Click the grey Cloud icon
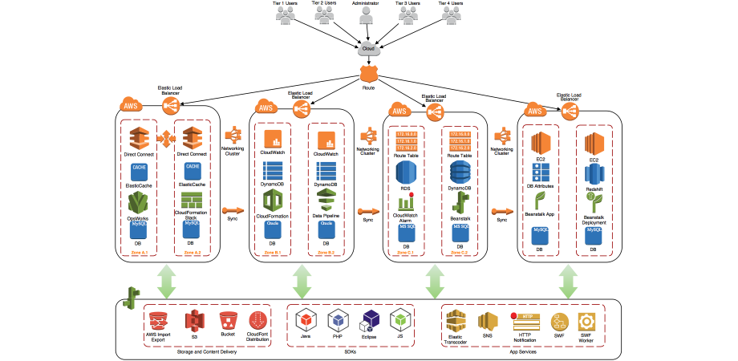click(x=368, y=49)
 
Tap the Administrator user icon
click(x=368, y=17)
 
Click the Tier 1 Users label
click(x=286, y=3)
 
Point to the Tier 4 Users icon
click(x=450, y=17)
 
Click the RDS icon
click(x=406, y=171)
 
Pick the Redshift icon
click(x=594, y=171)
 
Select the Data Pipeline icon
click(x=326, y=201)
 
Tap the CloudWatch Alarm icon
click(x=406, y=201)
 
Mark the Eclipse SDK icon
click(x=370, y=320)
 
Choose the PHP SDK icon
click(x=339, y=320)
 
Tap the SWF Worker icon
click(x=586, y=320)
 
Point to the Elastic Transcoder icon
click(x=456, y=319)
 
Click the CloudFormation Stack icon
click(x=193, y=200)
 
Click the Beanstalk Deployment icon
click(x=594, y=201)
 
